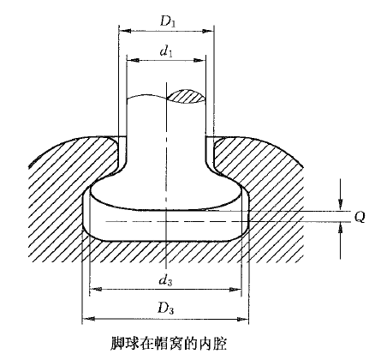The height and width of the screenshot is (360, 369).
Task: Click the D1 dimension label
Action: [x=168, y=21]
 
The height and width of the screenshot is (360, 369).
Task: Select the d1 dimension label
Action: [x=166, y=51]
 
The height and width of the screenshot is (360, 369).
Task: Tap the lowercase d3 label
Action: [x=166, y=280]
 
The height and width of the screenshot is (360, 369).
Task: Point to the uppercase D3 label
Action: [x=166, y=308]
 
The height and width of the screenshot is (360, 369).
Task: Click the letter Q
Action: [x=360, y=218]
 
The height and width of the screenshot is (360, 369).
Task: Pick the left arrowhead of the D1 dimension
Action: [x=125, y=31]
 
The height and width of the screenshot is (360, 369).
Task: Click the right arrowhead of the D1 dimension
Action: [x=208, y=31]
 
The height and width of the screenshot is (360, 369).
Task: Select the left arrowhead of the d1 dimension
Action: [x=133, y=60]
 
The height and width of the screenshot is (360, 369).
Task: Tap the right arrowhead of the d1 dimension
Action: [x=199, y=60]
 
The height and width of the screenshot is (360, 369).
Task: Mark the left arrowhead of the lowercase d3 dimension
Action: [x=95, y=289]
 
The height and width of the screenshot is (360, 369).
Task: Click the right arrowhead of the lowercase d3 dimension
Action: [x=235, y=289]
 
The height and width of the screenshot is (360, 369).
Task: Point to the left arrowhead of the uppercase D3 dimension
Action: [x=88, y=319]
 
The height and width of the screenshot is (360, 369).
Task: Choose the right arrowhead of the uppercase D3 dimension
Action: [x=243, y=319]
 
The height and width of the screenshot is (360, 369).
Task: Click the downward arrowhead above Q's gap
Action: [x=340, y=205]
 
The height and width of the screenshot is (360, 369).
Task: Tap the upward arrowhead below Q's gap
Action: [x=340, y=228]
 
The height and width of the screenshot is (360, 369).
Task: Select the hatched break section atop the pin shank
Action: [x=186, y=97]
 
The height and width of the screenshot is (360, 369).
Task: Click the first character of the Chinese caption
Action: [x=116, y=343]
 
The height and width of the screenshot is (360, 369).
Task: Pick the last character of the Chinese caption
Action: [x=221, y=343]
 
